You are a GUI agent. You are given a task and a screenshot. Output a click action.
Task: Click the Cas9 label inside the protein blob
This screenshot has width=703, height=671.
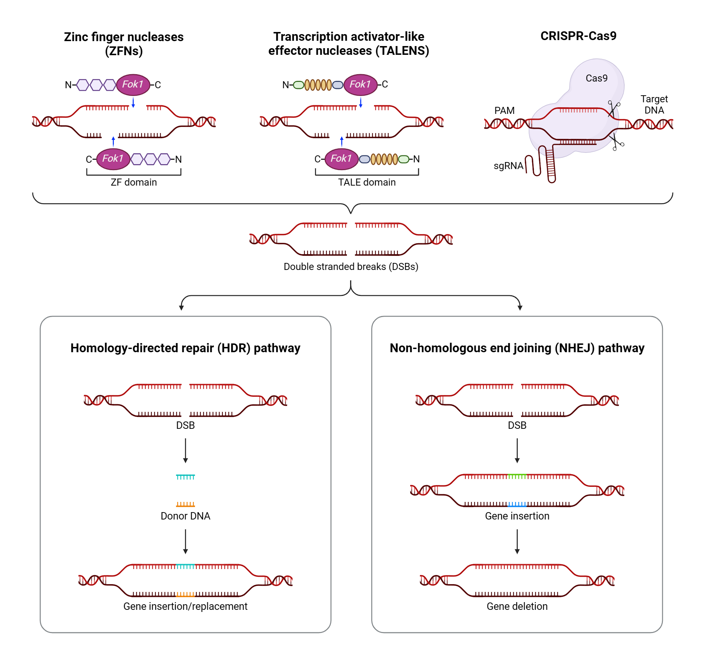(x=596, y=78)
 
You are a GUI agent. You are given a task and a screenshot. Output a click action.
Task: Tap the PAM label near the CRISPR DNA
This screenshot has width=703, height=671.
(x=504, y=110)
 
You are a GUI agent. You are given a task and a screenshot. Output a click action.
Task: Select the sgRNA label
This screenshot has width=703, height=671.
(x=508, y=166)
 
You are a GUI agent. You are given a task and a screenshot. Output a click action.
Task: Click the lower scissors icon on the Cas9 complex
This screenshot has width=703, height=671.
(x=616, y=142)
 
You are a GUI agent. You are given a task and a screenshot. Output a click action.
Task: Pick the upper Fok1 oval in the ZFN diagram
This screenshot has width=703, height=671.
(x=133, y=84)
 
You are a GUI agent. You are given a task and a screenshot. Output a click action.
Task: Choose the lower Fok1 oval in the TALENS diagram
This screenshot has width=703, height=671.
(x=341, y=159)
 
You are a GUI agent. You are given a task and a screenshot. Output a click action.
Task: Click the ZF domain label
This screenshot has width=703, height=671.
(x=134, y=182)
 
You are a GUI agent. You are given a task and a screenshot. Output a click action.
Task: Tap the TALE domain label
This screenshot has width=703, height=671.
(x=367, y=182)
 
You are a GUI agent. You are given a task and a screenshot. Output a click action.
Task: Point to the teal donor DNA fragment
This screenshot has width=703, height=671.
(x=185, y=477)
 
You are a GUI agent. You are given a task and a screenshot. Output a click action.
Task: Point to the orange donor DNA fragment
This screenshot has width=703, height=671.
(x=185, y=504)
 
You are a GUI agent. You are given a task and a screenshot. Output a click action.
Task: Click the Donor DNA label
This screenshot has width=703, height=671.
(x=185, y=516)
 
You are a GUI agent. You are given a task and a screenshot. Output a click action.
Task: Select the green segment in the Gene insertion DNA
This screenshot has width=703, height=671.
(x=517, y=476)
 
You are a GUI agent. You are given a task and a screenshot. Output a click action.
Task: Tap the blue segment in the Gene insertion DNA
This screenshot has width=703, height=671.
(x=517, y=504)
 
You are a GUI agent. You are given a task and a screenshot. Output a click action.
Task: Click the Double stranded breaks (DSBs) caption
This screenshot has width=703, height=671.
(x=350, y=266)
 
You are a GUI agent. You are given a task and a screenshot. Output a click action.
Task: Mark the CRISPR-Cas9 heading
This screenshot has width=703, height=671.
(x=578, y=36)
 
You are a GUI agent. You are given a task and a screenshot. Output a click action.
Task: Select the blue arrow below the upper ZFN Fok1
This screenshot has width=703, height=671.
(x=133, y=103)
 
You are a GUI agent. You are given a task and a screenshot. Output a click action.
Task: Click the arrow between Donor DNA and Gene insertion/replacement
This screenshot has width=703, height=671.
(x=185, y=541)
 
